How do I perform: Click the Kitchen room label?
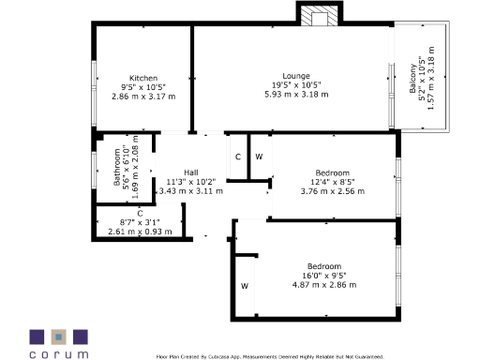click(143, 78)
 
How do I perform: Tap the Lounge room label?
click(296, 76)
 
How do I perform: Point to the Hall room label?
click(190, 172)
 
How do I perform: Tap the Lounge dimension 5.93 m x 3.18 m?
click(296, 94)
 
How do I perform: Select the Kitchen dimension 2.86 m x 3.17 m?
click(143, 96)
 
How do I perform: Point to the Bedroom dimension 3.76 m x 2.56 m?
click(332, 190)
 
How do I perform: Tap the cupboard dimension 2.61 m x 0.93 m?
click(140, 231)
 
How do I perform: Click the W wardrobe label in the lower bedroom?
click(244, 284)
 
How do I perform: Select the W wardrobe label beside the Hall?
click(260, 156)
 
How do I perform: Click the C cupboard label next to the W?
click(237, 156)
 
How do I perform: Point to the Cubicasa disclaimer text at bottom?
click(269, 356)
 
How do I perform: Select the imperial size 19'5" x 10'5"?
click(296, 85)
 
